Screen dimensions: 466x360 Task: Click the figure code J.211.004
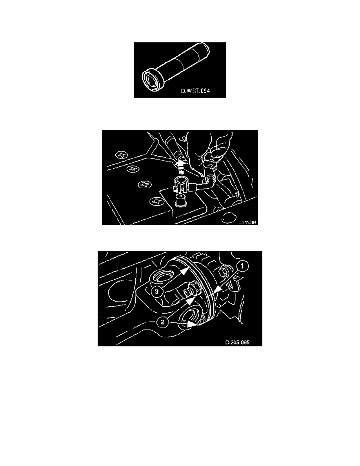tap(248, 222)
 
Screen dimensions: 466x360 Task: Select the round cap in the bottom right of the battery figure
tap(227, 217)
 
